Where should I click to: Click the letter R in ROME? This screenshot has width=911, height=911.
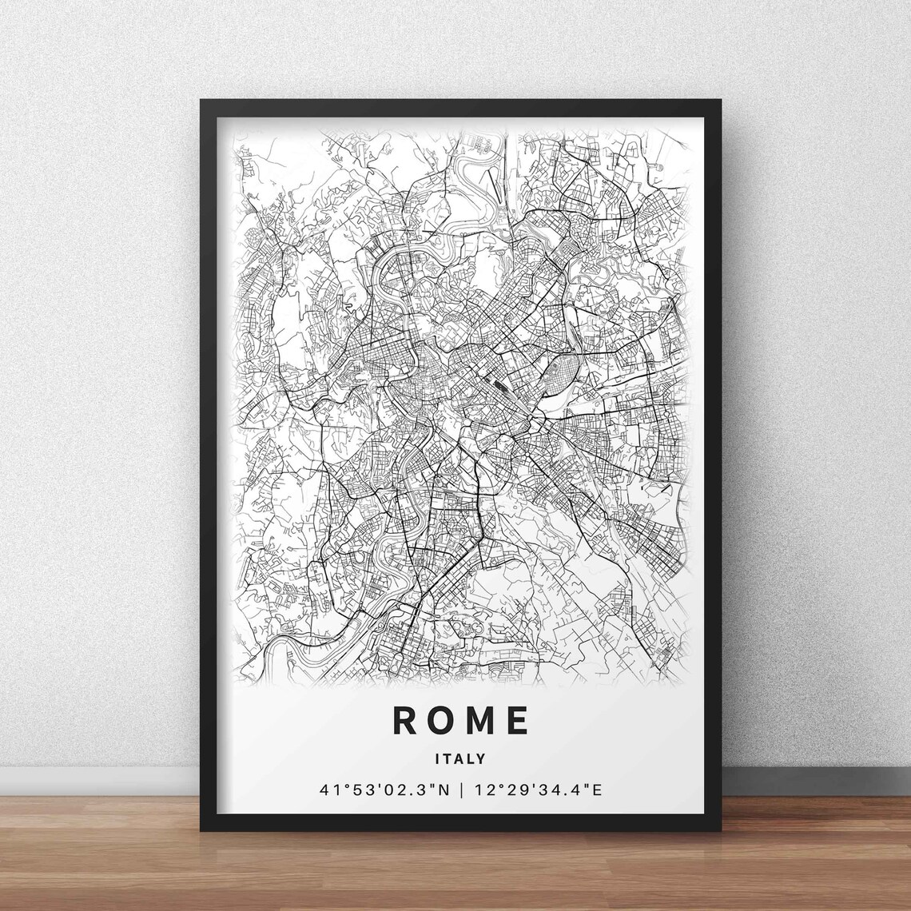pyautogui.click(x=404, y=720)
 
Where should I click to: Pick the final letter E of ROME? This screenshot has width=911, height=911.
pyautogui.click(x=518, y=720)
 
